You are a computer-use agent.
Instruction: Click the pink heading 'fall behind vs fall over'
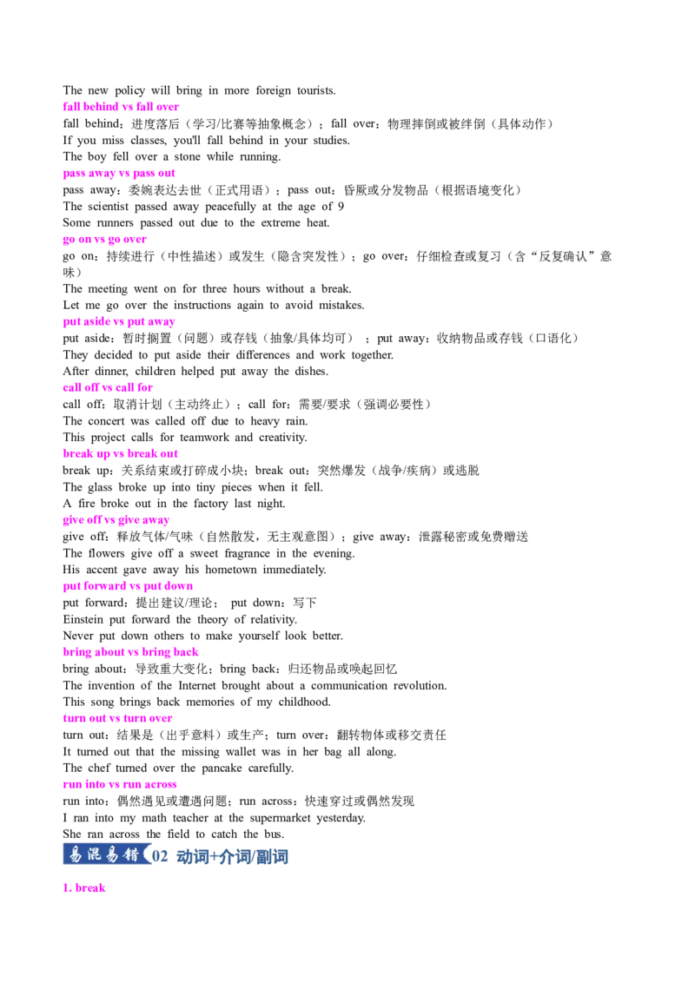(121, 107)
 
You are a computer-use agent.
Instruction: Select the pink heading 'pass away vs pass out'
(119, 173)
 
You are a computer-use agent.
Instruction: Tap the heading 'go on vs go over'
(105, 239)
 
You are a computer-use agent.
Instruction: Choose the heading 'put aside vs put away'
(119, 321)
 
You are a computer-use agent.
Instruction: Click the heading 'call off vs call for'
(108, 387)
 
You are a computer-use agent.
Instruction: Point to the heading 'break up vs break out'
(121, 453)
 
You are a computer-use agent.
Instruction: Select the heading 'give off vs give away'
(116, 519)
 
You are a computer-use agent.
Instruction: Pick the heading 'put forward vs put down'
(128, 585)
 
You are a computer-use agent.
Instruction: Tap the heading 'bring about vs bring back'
(130, 652)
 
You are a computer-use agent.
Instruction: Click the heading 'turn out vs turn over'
(117, 718)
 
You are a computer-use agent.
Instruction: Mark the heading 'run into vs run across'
(120, 784)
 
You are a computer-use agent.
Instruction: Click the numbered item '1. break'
(84, 887)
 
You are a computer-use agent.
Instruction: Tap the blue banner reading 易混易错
(105, 854)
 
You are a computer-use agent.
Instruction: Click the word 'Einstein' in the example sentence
(83, 619)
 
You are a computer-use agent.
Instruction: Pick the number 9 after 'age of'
(341, 207)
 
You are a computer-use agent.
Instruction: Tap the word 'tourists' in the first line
(316, 90)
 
